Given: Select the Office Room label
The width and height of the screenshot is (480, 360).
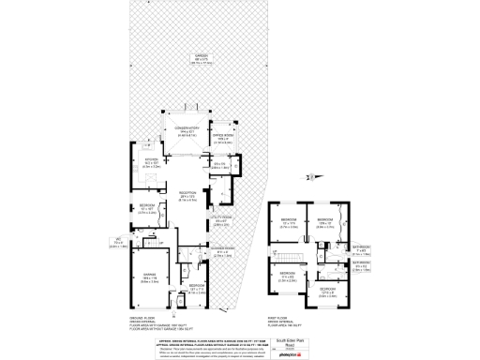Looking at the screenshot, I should click(219, 140).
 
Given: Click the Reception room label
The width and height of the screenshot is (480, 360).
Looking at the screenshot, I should click(188, 196).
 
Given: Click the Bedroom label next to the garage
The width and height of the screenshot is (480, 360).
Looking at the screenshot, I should click(195, 290).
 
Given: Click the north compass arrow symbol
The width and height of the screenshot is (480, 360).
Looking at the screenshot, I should click(307, 175).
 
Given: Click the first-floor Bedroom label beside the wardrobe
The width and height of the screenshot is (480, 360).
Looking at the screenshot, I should click(325, 222).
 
